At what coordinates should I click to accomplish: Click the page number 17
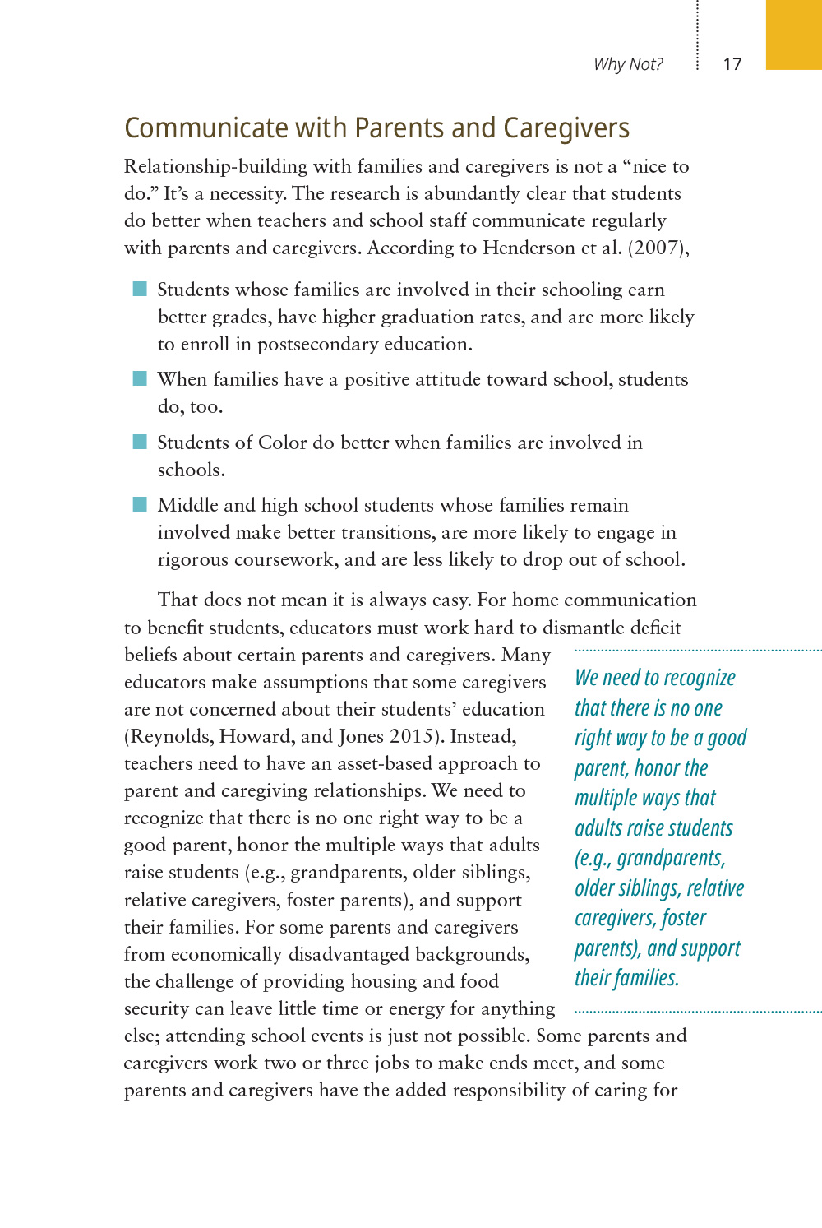pyautogui.click(x=732, y=64)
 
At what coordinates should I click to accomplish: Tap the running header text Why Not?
pyautogui.click(x=628, y=64)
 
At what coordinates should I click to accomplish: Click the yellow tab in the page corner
pyautogui.click(x=793, y=35)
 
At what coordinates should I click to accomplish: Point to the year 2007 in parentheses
pyautogui.click(x=658, y=248)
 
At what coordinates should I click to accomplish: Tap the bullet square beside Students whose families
pyautogui.click(x=140, y=289)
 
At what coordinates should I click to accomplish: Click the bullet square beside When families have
pyautogui.click(x=140, y=378)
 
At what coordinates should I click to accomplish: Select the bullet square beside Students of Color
pyautogui.click(x=140, y=442)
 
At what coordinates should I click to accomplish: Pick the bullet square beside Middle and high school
pyautogui.click(x=140, y=504)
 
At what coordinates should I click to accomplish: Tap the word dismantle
pyautogui.click(x=584, y=628)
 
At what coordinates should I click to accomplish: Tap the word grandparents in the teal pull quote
pyautogui.click(x=670, y=858)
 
